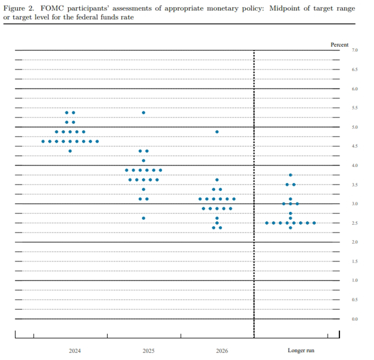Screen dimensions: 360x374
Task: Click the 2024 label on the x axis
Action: point(75,351)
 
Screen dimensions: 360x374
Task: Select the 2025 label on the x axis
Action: point(148,351)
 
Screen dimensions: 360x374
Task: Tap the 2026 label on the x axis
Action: point(222,351)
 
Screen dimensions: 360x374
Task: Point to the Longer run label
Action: point(301,350)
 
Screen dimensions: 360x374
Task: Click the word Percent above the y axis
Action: point(339,45)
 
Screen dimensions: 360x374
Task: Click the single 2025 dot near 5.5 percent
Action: point(144,113)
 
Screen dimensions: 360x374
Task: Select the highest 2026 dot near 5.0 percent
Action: point(217,132)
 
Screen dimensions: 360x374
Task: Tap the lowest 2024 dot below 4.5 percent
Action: point(70,151)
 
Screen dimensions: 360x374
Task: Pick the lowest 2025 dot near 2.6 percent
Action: point(144,218)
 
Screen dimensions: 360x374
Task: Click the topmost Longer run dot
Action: point(290,175)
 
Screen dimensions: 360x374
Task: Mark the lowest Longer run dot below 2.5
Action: point(290,228)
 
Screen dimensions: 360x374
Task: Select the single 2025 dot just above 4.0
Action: point(144,160)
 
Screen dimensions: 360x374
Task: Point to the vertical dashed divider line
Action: point(254,183)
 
